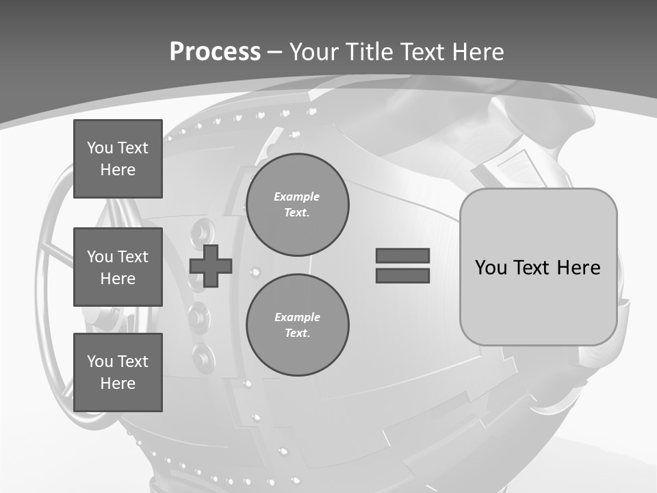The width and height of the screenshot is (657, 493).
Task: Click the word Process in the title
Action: point(215,52)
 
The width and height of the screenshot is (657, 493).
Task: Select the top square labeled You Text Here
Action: point(118,159)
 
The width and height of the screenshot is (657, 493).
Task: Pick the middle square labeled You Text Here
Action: point(118,267)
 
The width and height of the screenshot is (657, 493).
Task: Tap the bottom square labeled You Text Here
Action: point(118,372)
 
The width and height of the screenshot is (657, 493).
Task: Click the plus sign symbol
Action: point(211,266)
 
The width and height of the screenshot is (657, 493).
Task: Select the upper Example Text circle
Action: point(298,205)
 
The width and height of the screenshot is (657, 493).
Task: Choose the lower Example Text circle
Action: point(298,325)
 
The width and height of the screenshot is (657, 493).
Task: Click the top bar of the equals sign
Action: point(402,256)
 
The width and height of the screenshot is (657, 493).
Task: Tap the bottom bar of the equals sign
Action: point(402,275)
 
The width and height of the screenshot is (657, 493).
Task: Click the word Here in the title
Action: point(477,52)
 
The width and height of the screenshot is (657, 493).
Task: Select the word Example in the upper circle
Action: point(297,197)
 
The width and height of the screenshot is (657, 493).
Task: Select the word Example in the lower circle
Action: point(297,317)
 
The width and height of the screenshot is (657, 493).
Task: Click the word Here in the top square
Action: point(118,170)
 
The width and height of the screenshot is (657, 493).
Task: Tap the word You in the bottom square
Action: point(100,362)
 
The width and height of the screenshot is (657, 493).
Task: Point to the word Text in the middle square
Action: point(133,257)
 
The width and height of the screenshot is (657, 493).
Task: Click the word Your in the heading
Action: point(314,52)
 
